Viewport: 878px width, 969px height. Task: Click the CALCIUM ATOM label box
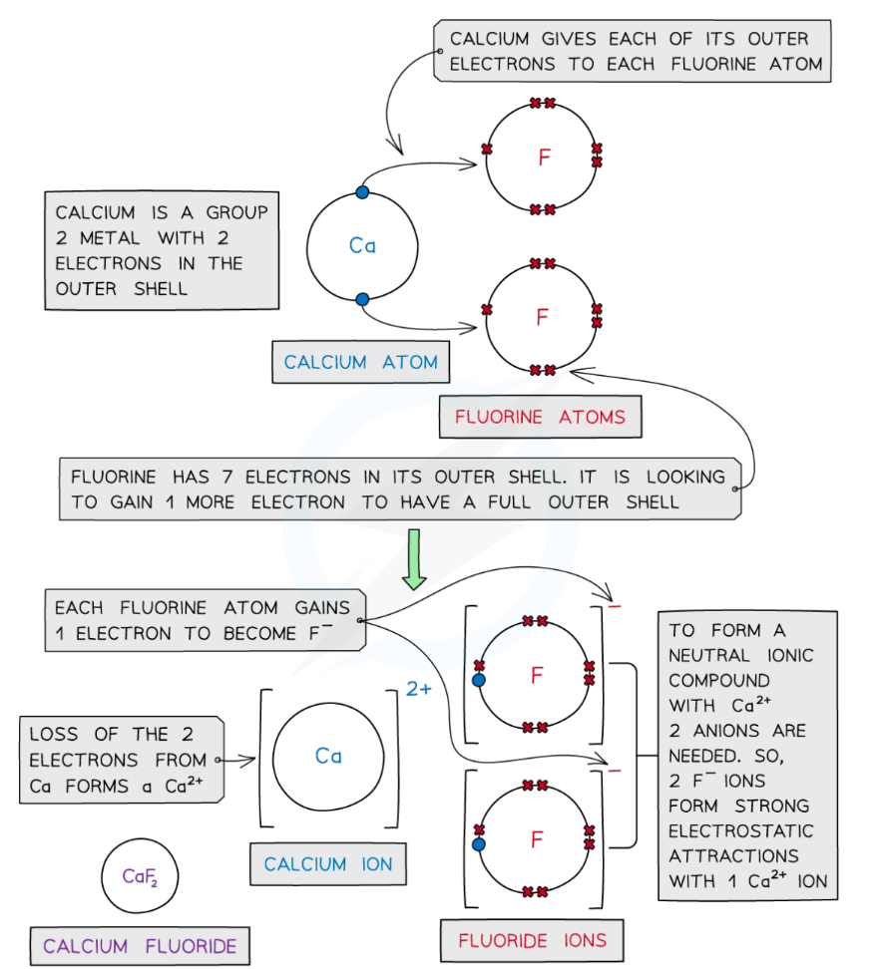[360, 363]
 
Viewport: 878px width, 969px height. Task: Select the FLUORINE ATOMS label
[540, 418]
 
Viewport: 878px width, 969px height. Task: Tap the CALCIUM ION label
[328, 864]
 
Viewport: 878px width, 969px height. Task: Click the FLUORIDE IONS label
[532, 940]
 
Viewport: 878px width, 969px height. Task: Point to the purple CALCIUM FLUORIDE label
[141, 946]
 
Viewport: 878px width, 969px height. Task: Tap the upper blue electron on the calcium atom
[362, 192]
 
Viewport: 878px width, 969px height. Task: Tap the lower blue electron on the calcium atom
[362, 298]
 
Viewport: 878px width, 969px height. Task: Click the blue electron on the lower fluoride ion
[479, 844]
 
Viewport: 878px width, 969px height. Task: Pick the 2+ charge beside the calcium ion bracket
[419, 689]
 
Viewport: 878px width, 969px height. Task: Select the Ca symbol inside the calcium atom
[362, 245]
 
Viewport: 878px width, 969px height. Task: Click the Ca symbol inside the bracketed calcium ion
[328, 757]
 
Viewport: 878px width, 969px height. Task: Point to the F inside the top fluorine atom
[544, 158]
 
